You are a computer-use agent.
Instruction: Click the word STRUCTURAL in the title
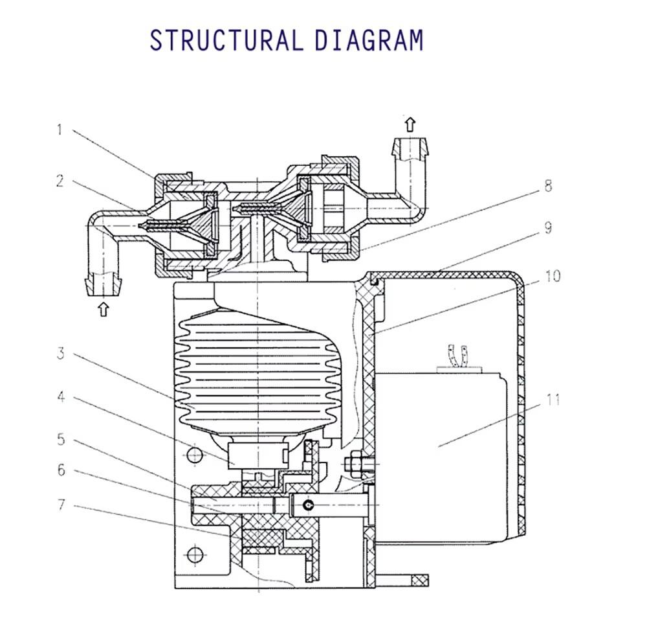click(226, 40)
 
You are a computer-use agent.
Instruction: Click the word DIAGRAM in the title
click(369, 40)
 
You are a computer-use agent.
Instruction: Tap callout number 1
click(60, 130)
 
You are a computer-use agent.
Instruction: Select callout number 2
click(60, 181)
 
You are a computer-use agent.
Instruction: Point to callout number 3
click(60, 354)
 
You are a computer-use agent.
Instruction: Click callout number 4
click(61, 396)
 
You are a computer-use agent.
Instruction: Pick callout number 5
click(61, 439)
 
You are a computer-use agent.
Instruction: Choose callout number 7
click(61, 504)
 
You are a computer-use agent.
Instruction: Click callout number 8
click(548, 187)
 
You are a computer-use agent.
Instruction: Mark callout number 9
click(548, 228)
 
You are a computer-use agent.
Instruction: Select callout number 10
click(552, 276)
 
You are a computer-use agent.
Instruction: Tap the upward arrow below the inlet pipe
click(103, 308)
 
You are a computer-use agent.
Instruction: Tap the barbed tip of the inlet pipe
click(103, 283)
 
